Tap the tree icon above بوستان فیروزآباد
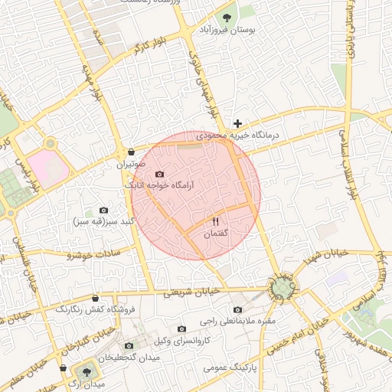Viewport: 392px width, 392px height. coord(227,16)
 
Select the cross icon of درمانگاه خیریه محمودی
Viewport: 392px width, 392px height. coord(238,122)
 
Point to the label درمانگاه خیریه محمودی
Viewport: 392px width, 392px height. coord(250,135)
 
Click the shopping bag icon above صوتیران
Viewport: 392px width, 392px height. coord(132,152)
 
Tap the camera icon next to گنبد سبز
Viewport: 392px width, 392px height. coord(104,210)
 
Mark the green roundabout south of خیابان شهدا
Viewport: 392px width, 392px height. coord(284,289)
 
